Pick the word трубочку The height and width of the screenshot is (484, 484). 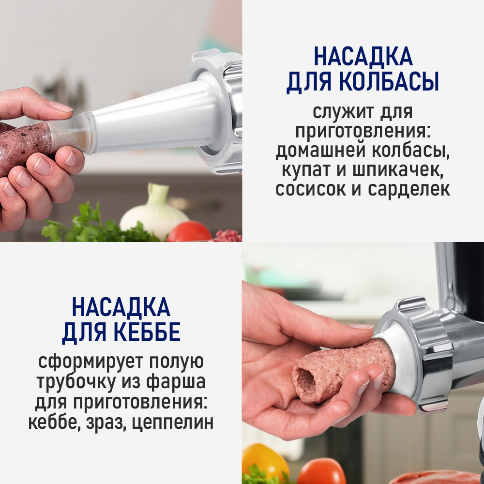[74, 382]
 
